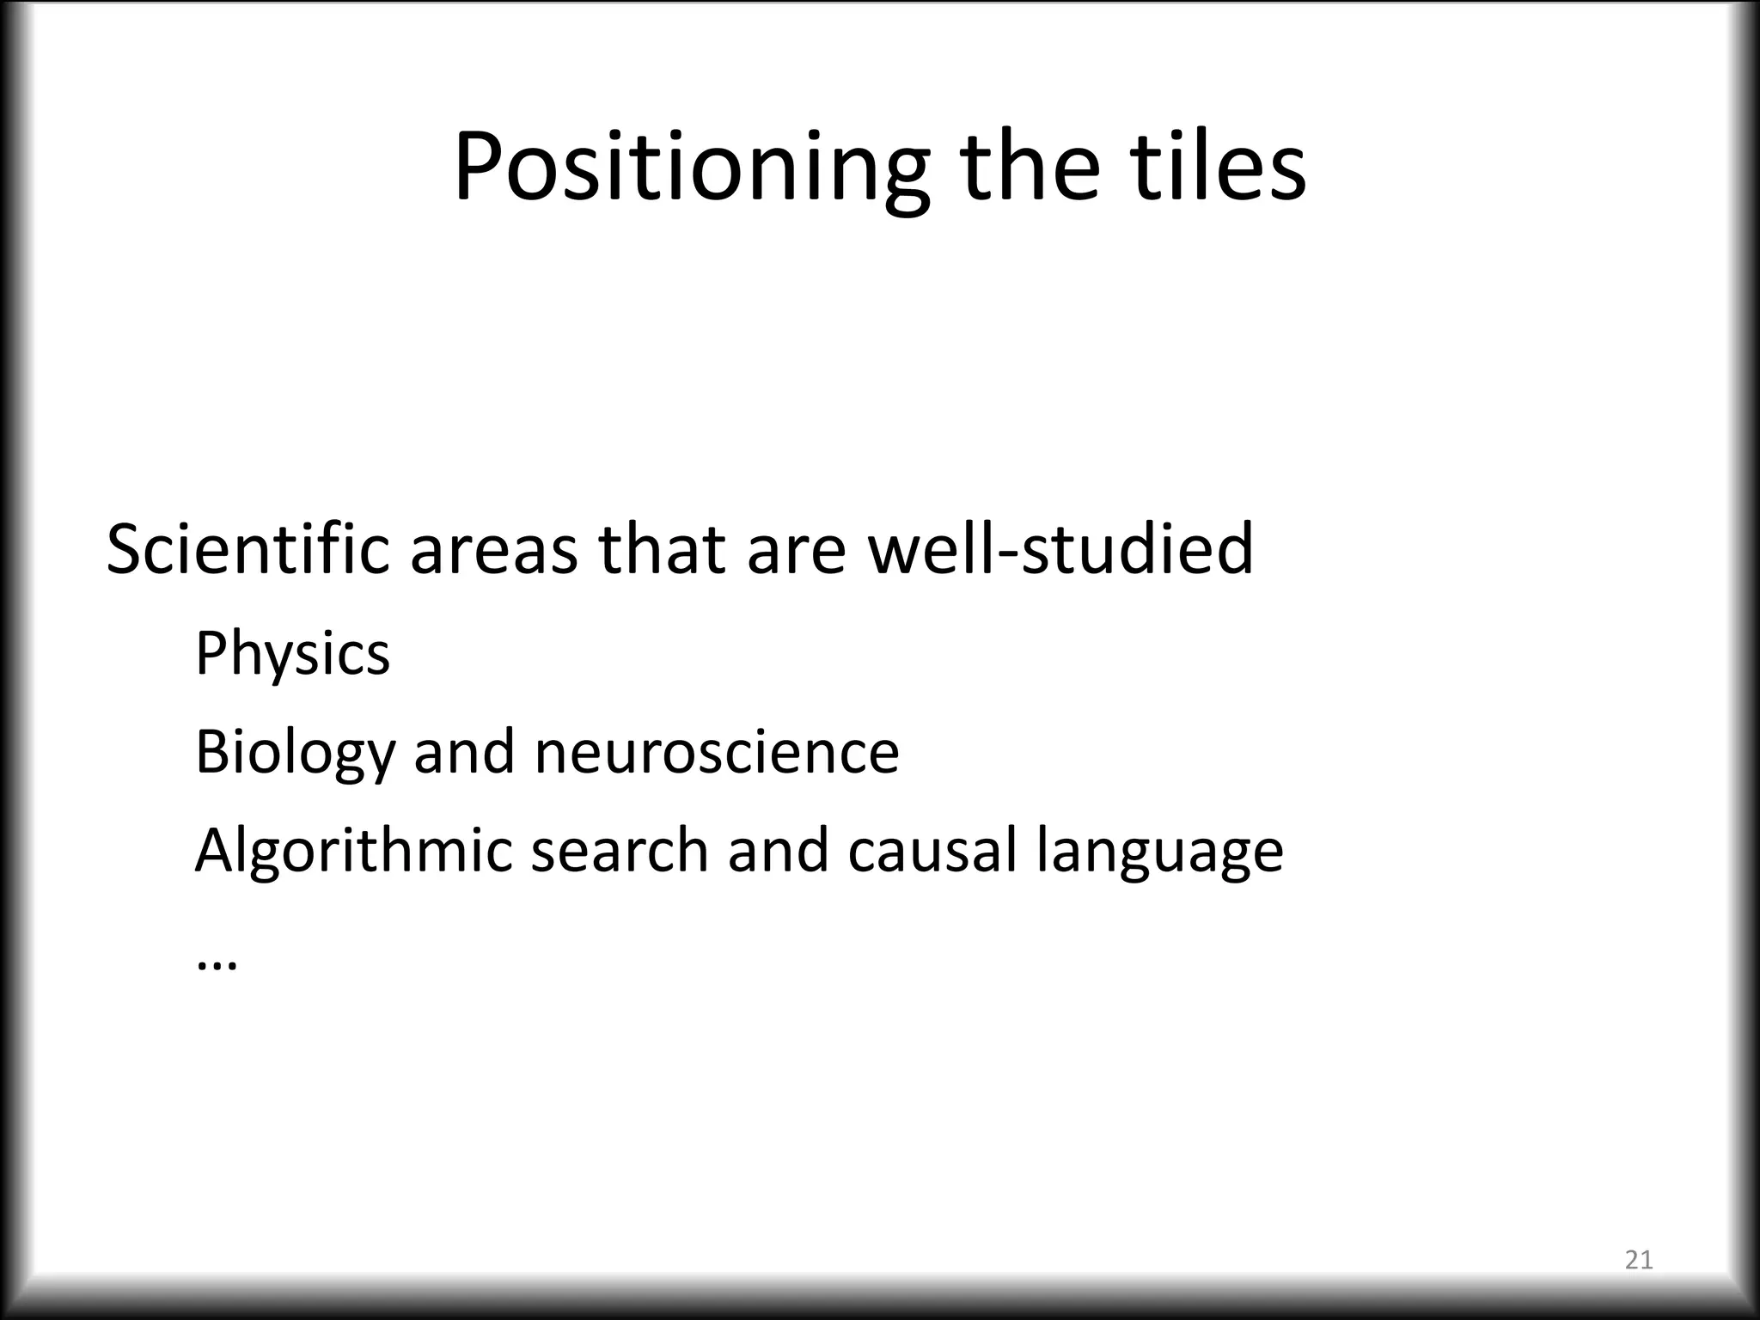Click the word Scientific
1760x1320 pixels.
(247, 550)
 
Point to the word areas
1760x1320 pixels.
(493, 550)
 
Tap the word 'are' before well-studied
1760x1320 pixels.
(797, 550)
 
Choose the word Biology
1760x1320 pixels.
(295, 753)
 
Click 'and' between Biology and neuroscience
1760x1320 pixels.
(464, 753)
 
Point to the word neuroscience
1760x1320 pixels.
(717, 753)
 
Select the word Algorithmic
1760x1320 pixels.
(353, 851)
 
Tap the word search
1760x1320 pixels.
(619, 851)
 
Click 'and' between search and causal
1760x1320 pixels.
(778, 851)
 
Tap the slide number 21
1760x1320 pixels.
(1639, 1261)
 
